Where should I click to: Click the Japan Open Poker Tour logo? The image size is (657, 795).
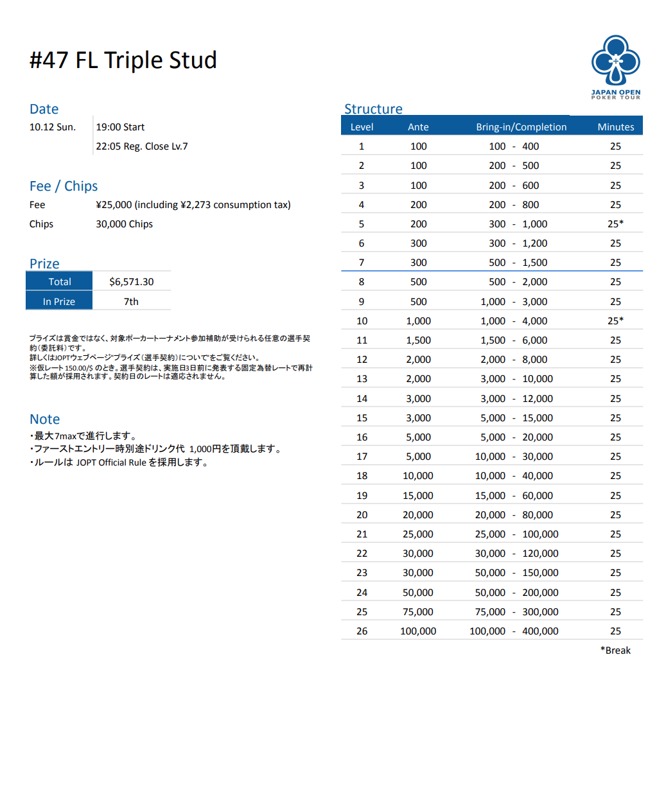(615, 67)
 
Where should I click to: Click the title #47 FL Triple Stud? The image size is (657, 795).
(123, 60)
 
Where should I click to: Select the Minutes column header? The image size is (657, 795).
(615, 127)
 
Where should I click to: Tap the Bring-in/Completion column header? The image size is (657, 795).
(521, 127)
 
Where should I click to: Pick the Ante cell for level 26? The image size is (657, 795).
(418, 631)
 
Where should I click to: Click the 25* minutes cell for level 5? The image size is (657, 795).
(615, 224)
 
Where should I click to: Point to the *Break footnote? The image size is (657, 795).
(615, 651)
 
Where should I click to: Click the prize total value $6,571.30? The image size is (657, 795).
(132, 282)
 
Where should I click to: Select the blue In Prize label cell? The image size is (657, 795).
(59, 302)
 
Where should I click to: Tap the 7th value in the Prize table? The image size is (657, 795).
(131, 302)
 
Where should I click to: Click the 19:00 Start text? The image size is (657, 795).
(120, 127)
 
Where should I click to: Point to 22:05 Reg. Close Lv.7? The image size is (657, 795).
(142, 146)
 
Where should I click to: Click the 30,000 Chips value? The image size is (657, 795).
(125, 224)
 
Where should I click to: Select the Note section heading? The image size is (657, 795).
(45, 419)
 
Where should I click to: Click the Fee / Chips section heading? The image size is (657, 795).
(64, 186)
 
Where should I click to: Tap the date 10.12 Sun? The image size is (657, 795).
(53, 127)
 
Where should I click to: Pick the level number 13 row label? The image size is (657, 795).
(362, 379)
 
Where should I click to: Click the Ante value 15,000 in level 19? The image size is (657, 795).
(418, 496)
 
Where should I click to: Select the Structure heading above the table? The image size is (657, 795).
(373, 109)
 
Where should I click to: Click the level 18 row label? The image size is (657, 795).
(362, 476)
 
